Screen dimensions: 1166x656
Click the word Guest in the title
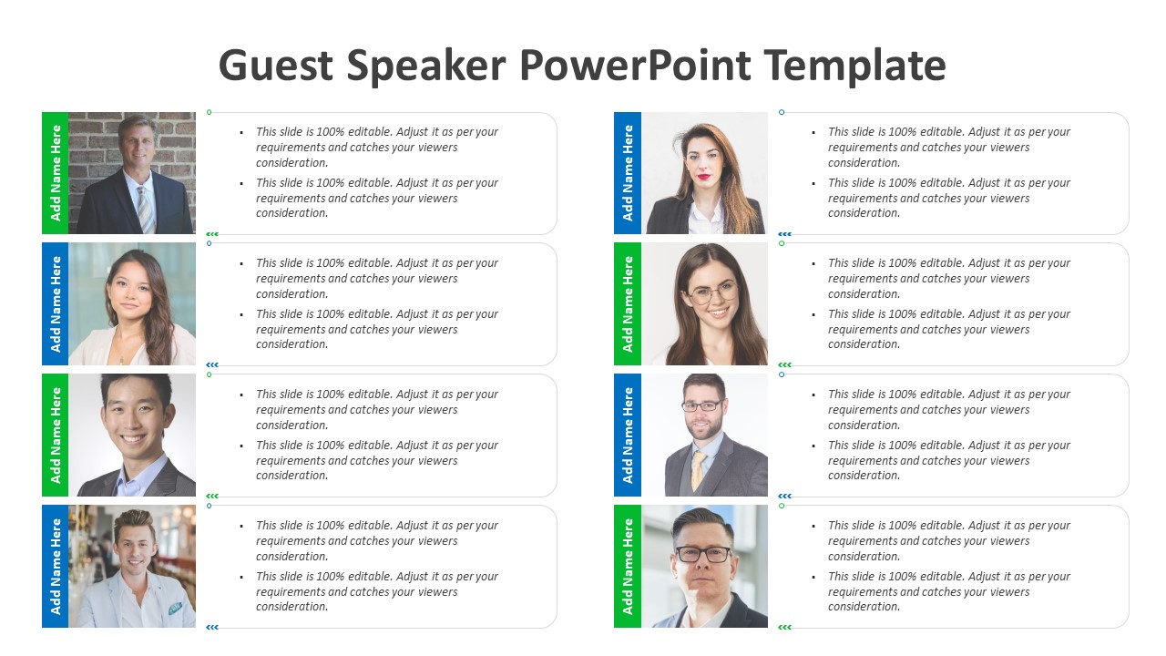276,66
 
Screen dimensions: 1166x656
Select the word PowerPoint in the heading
635,66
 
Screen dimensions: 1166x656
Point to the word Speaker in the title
426,66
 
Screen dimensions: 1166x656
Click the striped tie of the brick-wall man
146,210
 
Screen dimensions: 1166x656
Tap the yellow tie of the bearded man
698,471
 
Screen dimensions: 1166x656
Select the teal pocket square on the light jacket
175,608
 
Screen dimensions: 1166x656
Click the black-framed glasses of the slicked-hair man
702,554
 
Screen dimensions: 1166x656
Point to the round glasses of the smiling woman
712,294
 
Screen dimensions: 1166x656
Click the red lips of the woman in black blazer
704,177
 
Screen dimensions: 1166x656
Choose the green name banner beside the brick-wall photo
56,173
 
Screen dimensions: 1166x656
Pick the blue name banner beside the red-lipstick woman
628,173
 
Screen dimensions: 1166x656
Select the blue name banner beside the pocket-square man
56,566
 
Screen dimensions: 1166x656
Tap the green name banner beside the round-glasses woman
628,303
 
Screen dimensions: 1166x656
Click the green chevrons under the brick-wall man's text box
212,234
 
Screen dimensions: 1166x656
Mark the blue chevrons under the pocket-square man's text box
212,628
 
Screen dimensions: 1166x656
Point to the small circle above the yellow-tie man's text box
782,374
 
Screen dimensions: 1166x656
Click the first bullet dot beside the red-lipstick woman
813,133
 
